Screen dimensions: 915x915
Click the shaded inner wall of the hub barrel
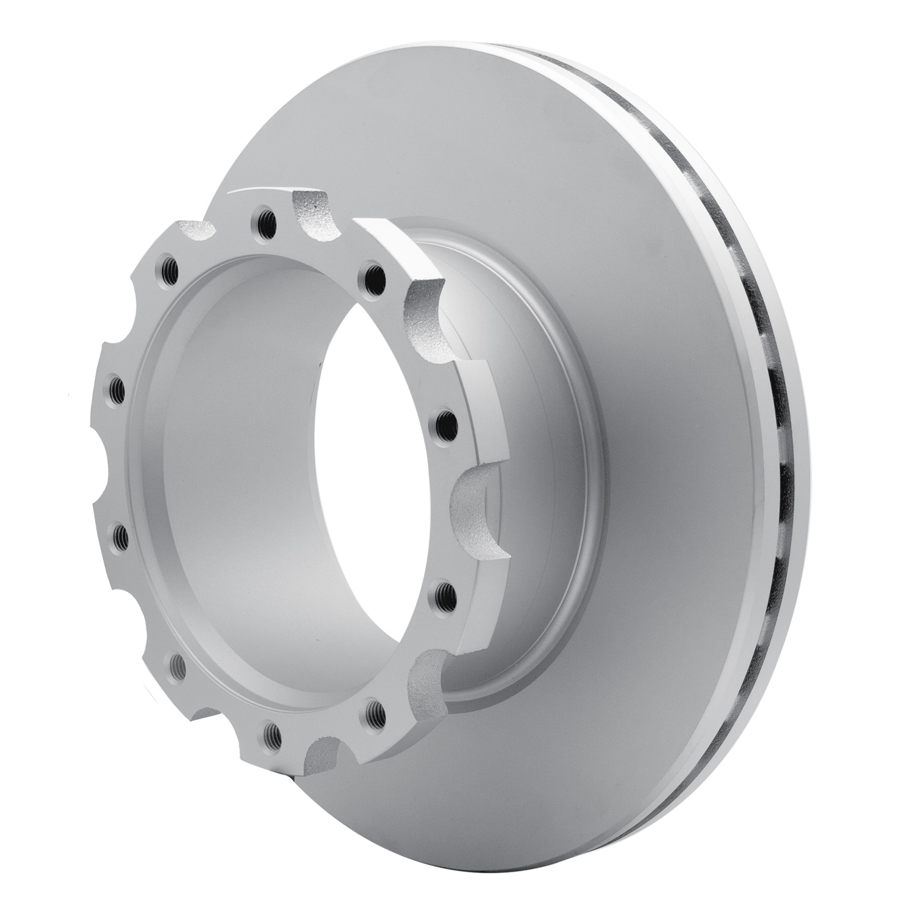click(x=244, y=488)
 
